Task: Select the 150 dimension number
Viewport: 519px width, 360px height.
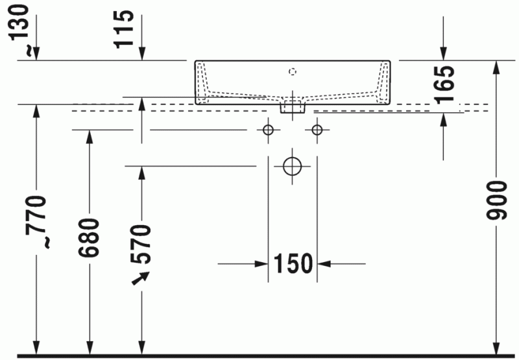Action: click(x=293, y=264)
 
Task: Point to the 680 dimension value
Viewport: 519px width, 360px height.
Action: click(x=89, y=237)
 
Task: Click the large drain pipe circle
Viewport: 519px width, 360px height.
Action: click(x=293, y=166)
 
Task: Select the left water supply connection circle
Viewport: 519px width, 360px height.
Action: click(x=267, y=130)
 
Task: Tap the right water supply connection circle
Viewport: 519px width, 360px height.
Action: click(x=317, y=130)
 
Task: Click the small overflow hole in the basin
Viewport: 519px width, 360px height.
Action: click(x=292, y=70)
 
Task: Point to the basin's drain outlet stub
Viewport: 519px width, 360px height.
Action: click(x=293, y=106)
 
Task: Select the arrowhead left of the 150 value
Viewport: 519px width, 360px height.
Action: click(x=262, y=264)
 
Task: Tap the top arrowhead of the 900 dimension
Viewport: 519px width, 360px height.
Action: click(x=496, y=67)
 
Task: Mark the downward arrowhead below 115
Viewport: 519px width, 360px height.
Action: click(x=141, y=54)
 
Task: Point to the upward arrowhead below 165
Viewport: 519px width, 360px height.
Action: click(x=444, y=118)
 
